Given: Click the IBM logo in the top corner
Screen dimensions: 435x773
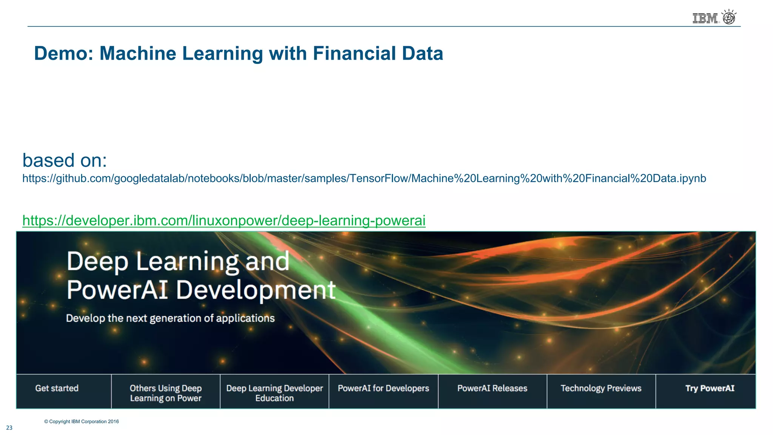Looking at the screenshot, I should point(705,18).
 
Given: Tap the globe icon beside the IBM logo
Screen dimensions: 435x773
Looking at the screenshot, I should point(729,17).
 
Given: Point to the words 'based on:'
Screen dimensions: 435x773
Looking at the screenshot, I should point(65,160).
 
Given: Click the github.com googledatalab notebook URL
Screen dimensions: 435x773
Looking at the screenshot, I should point(364,178).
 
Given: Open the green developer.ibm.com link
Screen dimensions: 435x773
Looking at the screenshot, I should point(224,221).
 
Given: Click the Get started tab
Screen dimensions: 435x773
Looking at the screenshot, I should point(57,388).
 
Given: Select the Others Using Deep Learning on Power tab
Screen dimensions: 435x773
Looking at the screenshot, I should point(166,393).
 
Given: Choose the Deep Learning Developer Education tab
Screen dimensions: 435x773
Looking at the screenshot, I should point(274,393).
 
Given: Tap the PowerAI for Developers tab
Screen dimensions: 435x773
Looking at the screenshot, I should point(383,388).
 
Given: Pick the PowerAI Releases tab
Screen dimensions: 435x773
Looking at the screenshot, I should point(492,388).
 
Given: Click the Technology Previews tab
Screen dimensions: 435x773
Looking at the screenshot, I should point(601,388).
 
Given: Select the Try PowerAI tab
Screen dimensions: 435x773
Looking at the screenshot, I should point(710,388).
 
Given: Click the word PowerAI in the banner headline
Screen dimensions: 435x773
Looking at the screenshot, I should point(117,290).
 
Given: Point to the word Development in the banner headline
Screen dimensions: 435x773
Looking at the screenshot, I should point(256,290).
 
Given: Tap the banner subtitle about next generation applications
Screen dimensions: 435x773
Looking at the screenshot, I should point(170,318).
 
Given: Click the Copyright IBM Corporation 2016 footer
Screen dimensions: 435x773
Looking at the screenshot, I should point(82,421).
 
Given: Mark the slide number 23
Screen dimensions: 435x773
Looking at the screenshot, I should point(9,428).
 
